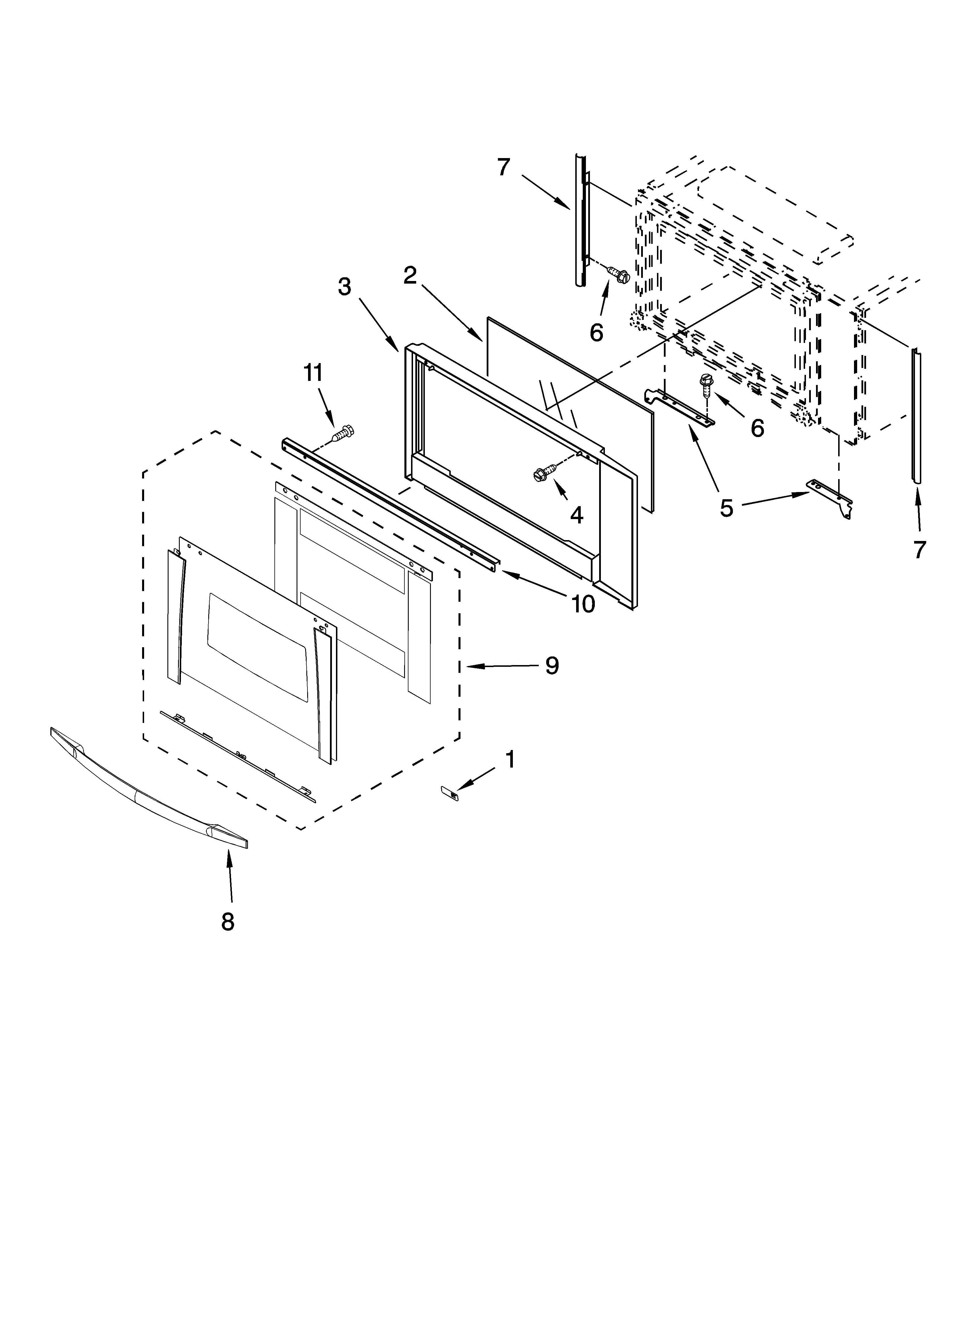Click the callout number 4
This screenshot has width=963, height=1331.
(576, 515)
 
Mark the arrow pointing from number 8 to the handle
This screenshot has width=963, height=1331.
(230, 874)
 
